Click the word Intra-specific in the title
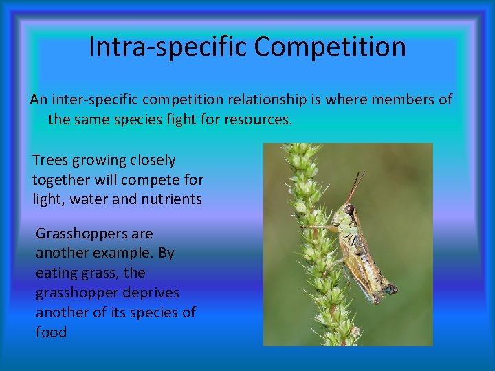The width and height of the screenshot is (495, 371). pos(168,47)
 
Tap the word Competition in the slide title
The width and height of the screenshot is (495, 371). pos(330,47)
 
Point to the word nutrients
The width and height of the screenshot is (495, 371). pos(168,200)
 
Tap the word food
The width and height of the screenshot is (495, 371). pos(52,333)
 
